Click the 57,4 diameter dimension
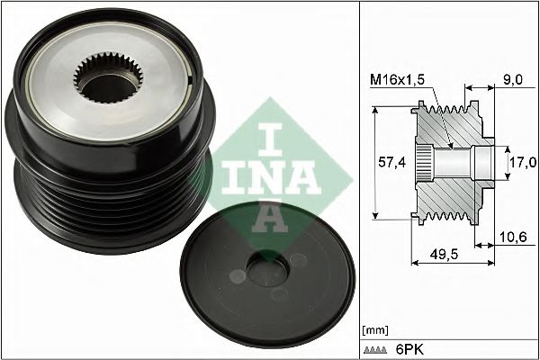coord(388,163)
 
